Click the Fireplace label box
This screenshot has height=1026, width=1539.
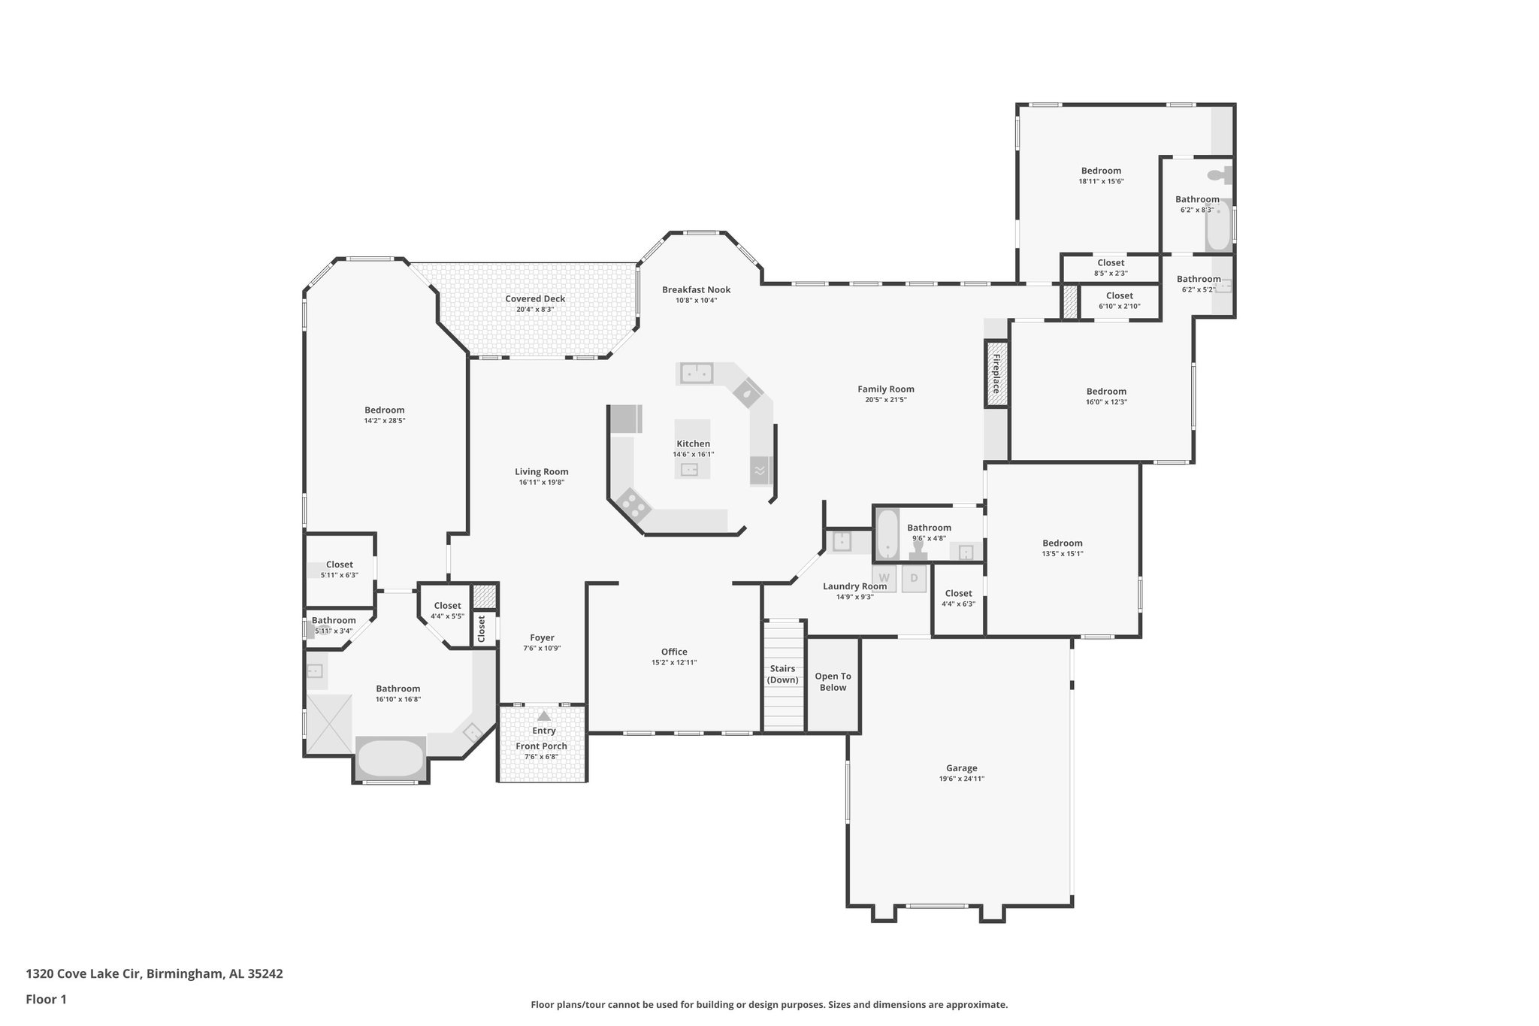(x=996, y=374)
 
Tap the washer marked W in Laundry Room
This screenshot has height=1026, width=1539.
(x=884, y=578)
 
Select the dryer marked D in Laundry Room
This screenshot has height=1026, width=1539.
(x=915, y=578)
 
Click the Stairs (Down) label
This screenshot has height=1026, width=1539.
(x=783, y=674)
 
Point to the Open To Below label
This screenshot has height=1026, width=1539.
(x=833, y=682)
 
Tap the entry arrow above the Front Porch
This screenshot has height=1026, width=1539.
(x=543, y=716)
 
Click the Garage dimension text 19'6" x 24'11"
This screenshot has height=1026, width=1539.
(x=961, y=779)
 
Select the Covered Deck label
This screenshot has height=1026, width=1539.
(x=535, y=298)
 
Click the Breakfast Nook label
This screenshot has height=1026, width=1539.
(x=696, y=289)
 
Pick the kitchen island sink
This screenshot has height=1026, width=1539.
(x=689, y=471)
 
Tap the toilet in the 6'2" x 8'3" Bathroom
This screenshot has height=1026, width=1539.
(x=1217, y=175)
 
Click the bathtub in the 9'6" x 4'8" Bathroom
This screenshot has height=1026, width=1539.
(x=887, y=534)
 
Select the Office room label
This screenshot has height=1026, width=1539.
(x=674, y=652)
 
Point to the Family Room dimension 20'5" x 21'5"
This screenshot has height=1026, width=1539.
(x=886, y=400)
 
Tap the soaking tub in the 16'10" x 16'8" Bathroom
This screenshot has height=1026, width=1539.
(x=390, y=758)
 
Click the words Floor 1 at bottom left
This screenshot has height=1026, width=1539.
(x=47, y=999)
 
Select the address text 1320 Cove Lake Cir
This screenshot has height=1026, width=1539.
(x=83, y=973)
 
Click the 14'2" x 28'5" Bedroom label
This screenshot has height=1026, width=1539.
(x=385, y=410)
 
